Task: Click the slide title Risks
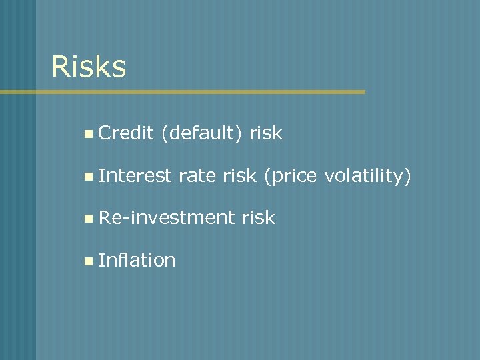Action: pos(89,67)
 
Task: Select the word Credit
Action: pos(126,133)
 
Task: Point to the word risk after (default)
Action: pos(266,133)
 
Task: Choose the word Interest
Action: pos(135,175)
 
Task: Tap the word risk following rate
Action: pos(239,175)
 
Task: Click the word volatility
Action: pos(365,176)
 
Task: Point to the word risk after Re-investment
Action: pos(258,217)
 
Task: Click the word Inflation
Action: pos(137,259)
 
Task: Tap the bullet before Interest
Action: pos(89,176)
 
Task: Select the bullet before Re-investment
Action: pos(89,218)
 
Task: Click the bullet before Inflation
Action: pos(89,260)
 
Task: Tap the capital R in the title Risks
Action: pos(61,67)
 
